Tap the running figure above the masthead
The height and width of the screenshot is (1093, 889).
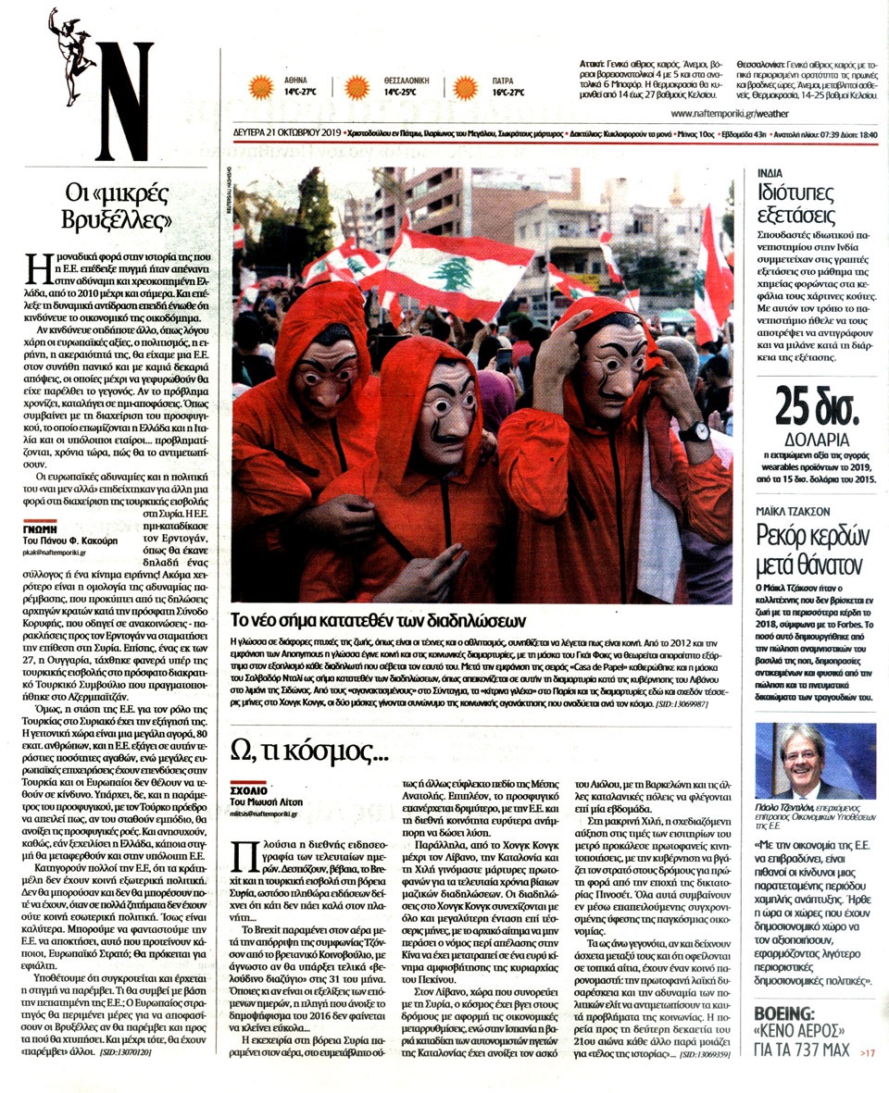click(x=72, y=42)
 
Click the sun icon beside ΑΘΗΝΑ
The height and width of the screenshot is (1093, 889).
click(x=261, y=87)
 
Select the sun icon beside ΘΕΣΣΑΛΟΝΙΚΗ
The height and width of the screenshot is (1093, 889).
click(x=357, y=87)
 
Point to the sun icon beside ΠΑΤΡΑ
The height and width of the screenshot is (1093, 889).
click(x=466, y=87)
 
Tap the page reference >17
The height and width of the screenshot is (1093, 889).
click(x=866, y=1052)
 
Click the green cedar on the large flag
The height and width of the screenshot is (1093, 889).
click(x=453, y=273)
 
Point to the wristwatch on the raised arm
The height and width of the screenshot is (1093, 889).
click(x=695, y=432)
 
